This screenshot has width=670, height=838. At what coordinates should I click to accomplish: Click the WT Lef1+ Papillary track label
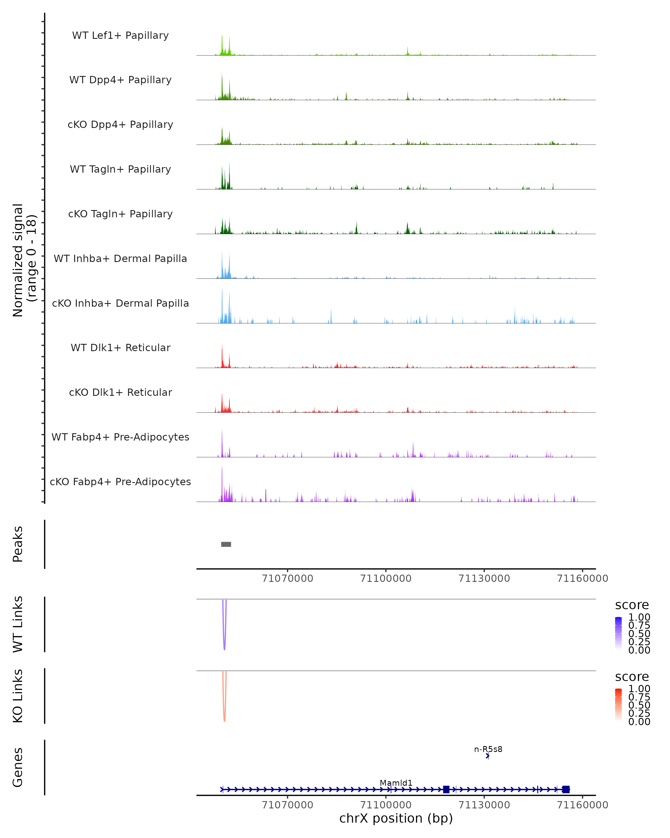pos(120,35)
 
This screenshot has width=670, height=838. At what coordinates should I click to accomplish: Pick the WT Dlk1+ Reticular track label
pos(120,347)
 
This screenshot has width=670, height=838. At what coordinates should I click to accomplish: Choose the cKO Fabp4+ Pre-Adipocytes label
pos(120,482)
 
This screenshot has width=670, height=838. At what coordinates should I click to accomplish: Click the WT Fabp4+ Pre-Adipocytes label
pos(120,437)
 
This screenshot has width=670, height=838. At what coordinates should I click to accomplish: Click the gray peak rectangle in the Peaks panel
pos(226,544)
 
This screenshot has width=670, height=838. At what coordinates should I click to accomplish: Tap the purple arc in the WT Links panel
pos(224,637)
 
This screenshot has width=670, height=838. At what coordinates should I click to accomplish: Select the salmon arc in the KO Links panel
pos(224,709)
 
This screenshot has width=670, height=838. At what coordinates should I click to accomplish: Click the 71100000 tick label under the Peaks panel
pos(386,578)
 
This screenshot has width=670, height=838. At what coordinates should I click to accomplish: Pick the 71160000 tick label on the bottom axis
pos(582,805)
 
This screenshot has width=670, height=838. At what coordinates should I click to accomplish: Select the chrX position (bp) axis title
pos(396,818)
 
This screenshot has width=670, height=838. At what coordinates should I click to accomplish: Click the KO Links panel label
pos(18,696)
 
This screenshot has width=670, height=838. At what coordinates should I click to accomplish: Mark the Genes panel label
pos(18,767)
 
